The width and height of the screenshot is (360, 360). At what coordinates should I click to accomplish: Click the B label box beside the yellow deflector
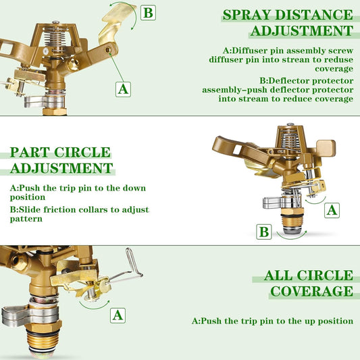coord(149,12)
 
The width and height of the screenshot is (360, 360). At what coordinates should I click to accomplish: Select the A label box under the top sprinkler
coord(123,88)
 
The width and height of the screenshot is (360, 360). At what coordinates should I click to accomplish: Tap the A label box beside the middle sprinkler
coord(332,210)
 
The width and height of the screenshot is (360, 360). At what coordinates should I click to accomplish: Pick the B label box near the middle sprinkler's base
coord(264,232)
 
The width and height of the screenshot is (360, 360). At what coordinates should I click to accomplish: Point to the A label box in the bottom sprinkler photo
coord(118,315)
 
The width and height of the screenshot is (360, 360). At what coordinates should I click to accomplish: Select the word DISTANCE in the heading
coord(317,15)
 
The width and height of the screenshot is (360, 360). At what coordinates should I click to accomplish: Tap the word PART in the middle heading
coord(31,153)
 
